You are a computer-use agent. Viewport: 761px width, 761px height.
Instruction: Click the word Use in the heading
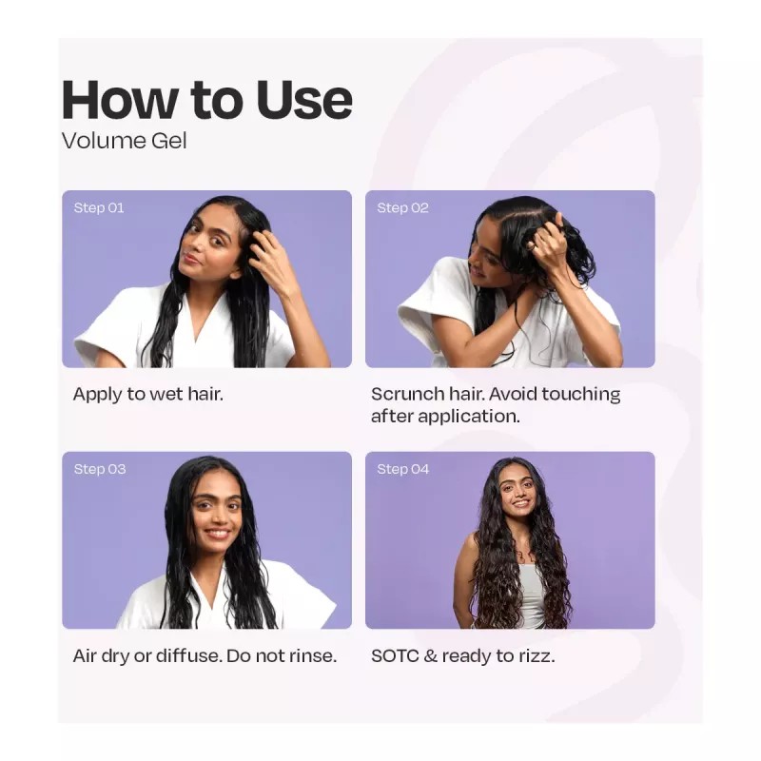pyautogui.click(x=303, y=100)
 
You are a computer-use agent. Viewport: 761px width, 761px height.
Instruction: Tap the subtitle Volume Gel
pyautogui.click(x=125, y=141)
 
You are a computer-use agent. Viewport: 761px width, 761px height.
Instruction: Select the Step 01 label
pyautogui.click(x=99, y=208)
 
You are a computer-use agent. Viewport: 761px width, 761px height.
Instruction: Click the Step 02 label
pyautogui.click(x=402, y=208)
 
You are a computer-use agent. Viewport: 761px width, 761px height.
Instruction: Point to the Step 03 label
pyautogui.click(x=100, y=469)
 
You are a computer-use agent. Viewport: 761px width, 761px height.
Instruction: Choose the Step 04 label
pyautogui.click(x=403, y=469)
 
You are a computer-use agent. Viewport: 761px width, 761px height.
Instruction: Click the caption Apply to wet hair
pyautogui.click(x=148, y=394)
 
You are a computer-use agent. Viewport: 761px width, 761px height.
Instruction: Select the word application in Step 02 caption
pyautogui.click(x=469, y=417)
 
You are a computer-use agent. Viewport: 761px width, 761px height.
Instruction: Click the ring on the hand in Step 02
pyautogui.click(x=533, y=246)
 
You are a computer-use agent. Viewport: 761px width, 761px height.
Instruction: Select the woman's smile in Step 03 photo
pyautogui.click(x=217, y=534)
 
